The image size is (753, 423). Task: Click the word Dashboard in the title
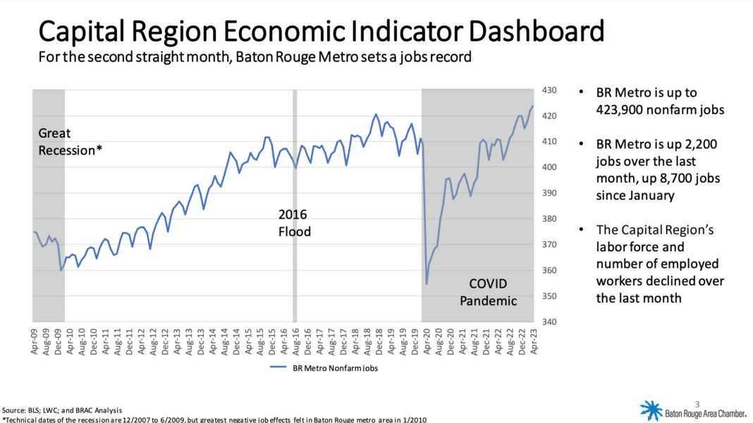536,31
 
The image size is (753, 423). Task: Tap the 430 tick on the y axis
549,90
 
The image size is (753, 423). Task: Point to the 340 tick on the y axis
549,321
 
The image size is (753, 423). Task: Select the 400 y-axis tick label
549,168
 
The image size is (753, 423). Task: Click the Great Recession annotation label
70,142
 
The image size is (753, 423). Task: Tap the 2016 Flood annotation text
295,223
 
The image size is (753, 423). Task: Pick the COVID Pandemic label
488,292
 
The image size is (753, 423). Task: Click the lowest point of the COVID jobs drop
427,283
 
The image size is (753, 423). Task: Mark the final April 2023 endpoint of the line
532,106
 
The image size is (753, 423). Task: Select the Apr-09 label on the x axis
34,341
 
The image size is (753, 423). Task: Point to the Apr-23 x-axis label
534,341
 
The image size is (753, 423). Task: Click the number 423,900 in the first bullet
620,110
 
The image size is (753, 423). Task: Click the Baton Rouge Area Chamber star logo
651,410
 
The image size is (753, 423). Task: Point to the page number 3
697,404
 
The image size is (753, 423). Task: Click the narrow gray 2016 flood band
295,206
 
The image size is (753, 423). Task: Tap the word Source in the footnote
13,410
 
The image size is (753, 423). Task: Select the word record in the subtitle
451,57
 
